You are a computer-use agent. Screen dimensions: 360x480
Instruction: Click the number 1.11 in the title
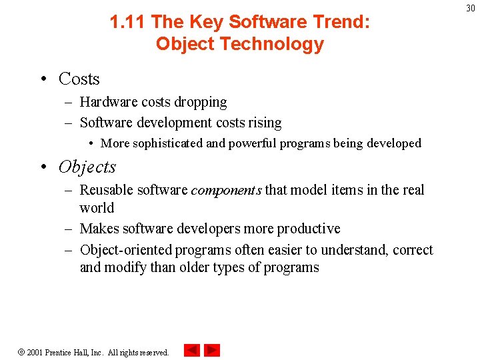coord(128,22)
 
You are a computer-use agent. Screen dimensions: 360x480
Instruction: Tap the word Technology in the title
coord(265,44)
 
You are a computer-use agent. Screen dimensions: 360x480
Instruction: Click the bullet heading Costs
coord(79,79)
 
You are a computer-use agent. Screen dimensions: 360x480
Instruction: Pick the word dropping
coord(200,102)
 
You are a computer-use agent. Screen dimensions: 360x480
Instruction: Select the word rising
coord(264,123)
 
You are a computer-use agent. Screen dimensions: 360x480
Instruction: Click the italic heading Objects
coord(87,167)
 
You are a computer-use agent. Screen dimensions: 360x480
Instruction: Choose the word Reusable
coord(107,190)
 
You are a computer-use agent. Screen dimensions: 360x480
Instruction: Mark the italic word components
coord(226,191)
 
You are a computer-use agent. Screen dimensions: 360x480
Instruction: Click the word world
coord(97,208)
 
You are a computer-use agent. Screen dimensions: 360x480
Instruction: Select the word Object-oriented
coord(125,250)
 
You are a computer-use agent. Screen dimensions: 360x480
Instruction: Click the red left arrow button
coord(192,350)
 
